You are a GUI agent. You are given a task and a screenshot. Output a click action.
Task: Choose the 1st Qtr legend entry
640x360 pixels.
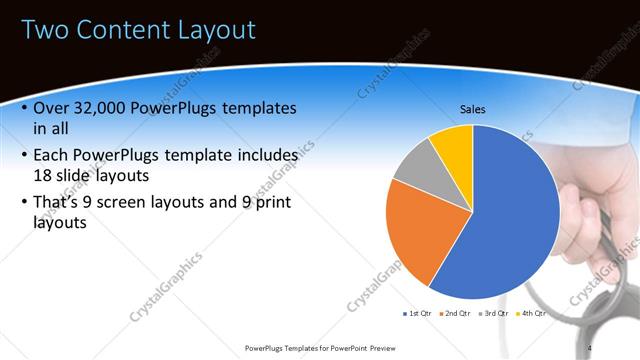click(420, 313)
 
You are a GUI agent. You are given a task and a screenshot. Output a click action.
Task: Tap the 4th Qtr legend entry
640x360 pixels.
click(534, 313)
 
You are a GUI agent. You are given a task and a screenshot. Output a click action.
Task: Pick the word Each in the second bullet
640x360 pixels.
click(53, 155)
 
